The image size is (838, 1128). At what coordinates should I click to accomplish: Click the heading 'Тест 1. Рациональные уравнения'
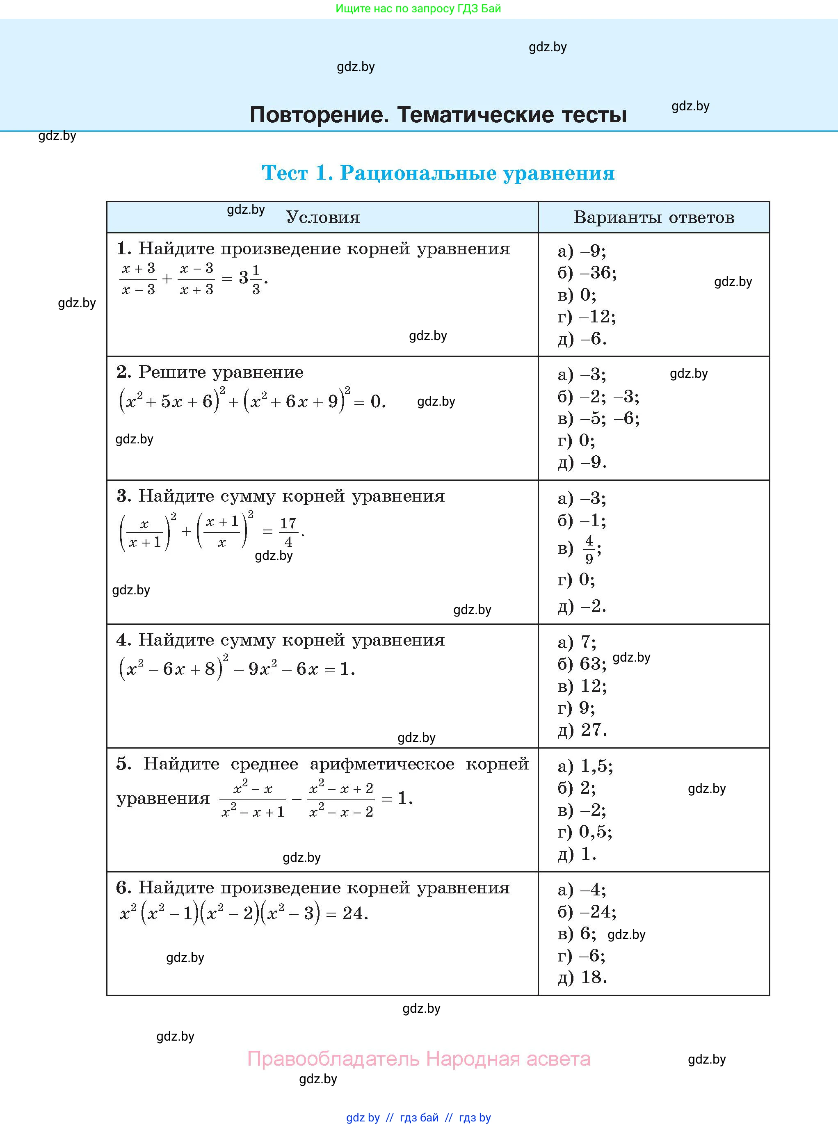click(x=438, y=173)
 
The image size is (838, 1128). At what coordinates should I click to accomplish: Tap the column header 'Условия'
click(x=323, y=217)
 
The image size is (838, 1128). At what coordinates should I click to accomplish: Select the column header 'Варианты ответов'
click(x=653, y=217)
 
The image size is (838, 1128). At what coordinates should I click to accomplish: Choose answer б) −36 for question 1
click(x=587, y=273)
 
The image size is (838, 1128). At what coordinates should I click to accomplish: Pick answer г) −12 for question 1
click(x=587, y=317)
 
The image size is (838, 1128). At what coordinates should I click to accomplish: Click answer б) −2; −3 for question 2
click(x=598, y=396)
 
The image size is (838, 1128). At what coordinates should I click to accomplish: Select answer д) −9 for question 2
click(x=582, y=462)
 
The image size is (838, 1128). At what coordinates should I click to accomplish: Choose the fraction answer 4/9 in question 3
click(x=589, y=549)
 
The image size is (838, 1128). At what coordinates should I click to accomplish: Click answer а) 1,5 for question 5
click(x=585, y=766)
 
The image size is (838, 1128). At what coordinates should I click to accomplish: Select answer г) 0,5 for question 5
click(x=585, y=832)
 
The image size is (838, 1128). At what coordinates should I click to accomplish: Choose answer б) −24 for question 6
click(x=587, y=912)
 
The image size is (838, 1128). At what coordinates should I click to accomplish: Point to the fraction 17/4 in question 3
click(x=288, y=532)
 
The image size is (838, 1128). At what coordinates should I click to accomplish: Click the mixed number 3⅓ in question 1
click(x=251, y=278)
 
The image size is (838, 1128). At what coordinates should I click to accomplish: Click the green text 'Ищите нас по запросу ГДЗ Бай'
click(x=418, y=9)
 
